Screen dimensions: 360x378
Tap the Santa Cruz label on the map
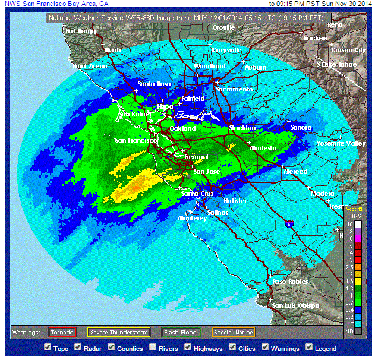point(197,194)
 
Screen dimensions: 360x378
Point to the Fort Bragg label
point(80,31)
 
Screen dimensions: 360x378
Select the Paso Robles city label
point(289,282)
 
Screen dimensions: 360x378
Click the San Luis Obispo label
point(296,305)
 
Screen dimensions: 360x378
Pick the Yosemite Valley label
point(341,144)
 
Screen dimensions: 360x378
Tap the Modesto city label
point(263,148)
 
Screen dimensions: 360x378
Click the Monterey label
point(193,219)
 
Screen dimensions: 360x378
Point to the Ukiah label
point(112,50)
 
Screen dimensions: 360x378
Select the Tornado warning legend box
point(62,332)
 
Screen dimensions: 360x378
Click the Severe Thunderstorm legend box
point(118,332)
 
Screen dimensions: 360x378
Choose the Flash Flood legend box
point(181,332)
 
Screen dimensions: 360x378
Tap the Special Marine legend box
point(234,332)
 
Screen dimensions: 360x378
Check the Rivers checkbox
point(153,348)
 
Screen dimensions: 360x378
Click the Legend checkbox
point(309,348)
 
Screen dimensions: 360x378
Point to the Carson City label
point(348,50)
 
